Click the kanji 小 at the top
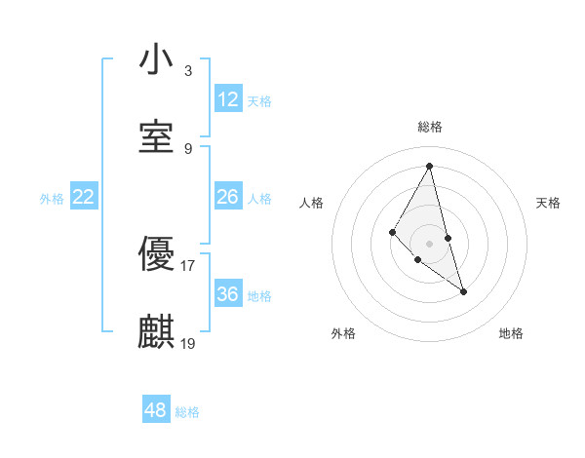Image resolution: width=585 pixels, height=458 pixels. (x=156, y=60)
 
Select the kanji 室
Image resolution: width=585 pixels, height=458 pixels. (x=156, y=138)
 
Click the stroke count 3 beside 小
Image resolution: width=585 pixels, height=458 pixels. (x=187, y=70)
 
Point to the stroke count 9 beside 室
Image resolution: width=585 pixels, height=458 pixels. (x=187, y=148)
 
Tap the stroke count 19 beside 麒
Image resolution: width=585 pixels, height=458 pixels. (x=188, y=343)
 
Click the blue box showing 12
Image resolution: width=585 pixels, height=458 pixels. (x=228, y=99)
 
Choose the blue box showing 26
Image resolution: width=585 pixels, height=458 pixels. (x=228, y=197)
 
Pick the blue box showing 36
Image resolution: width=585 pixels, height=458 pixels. (x=228, y=294)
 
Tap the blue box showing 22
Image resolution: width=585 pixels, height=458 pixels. (x=84, y=197)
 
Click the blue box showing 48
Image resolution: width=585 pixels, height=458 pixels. (x=156, y=410)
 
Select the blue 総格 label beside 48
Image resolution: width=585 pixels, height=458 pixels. (x=187, y=412)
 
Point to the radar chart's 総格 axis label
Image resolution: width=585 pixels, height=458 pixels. (x=430, y=127)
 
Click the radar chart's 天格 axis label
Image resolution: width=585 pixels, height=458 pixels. (x=548, y=203)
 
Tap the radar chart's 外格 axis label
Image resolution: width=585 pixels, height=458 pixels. (x=343, y=333)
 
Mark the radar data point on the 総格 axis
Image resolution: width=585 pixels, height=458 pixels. (x=430, y=166)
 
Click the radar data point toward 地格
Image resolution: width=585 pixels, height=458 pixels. (x=464, y=291)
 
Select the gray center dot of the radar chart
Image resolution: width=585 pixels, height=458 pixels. (x=430, y=243)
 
